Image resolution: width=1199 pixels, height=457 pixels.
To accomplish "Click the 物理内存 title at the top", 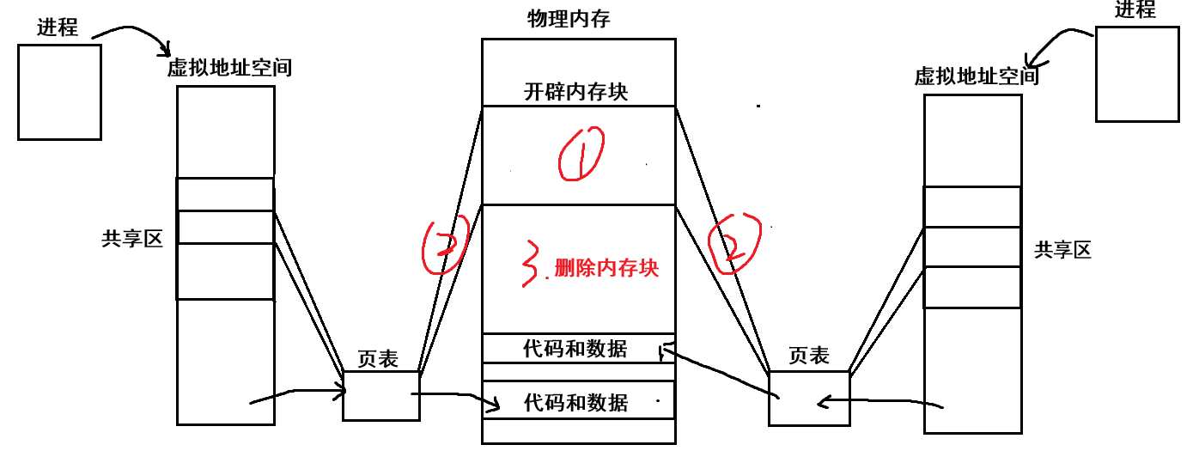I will (x=569, y=19).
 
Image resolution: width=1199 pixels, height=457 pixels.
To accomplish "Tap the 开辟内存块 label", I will (x=575, y=91).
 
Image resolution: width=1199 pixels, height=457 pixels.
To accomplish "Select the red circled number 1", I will (x=581, y=155).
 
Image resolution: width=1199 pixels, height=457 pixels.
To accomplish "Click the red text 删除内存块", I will (x=606, y=268).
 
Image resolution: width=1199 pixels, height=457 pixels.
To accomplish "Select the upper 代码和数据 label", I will (x=575, y=349).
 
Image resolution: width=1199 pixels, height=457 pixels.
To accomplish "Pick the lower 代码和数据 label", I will (x=575, y=402).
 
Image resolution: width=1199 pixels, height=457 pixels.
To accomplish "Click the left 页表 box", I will (x=381, y=396).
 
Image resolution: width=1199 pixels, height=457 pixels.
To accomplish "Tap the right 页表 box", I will (x=808, y=398).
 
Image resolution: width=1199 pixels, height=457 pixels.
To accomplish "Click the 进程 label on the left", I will (x=58, y=27).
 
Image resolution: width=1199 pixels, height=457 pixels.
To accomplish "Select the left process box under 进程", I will (x=59, y=92).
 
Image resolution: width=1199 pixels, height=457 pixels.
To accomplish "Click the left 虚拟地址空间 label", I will (x=229, y=67).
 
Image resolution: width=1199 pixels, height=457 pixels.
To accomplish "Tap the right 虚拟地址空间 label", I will (x=977, y=76).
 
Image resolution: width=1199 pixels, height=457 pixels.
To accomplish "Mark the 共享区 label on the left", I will (x=131, y=240).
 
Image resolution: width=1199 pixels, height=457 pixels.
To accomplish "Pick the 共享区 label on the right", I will (x=1062, y=250).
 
